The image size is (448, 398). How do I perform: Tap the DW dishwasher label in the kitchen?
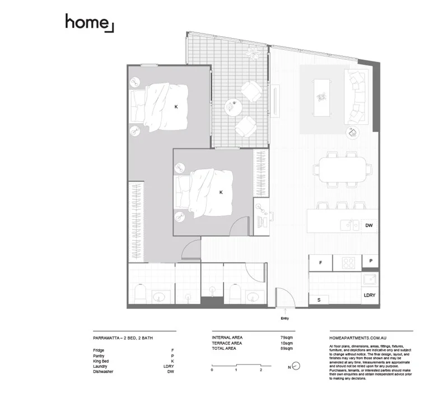[368, 226]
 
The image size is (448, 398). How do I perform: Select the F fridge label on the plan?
[321, 262]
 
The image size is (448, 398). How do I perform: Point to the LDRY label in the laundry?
[370, 295]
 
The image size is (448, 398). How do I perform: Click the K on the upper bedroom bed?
[176, 106]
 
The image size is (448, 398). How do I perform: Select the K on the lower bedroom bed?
[221, 192]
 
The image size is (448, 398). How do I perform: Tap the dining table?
[343, 168]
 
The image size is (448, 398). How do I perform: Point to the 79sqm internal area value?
[286, 338]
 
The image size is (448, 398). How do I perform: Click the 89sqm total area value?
[286, 348]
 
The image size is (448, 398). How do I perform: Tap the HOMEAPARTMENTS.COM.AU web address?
[356, 338]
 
